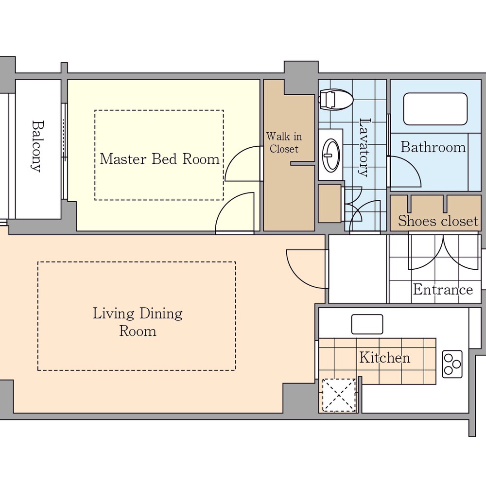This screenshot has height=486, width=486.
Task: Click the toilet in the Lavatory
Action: click(x=336, y=100)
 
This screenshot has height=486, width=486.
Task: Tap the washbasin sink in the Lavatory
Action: click(x=331, y=155)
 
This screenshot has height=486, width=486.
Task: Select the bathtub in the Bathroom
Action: click(x=435, y=109)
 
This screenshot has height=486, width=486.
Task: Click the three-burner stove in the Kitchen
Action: click(x=452, y=364)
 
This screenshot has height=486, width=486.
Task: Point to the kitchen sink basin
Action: click(x=367, y=324)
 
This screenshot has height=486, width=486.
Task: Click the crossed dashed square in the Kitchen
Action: click(x=339, y=395)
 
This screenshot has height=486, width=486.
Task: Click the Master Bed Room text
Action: click(x=159, y=159)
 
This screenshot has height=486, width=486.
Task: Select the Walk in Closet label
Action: click(x=284, y=142)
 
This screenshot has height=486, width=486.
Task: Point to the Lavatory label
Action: click(x=365, y=148)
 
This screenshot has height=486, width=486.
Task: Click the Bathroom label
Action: click(x=433, y=147)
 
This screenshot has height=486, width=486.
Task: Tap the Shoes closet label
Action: click(x=438, y=221)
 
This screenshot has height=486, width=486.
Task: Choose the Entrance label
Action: click(x=443, y=290)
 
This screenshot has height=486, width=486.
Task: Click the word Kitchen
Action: click(x=384, y=358)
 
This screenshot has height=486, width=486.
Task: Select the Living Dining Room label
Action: click(x=138, y=322)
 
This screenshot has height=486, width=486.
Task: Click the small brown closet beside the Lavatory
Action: click(x=330, y=204)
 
